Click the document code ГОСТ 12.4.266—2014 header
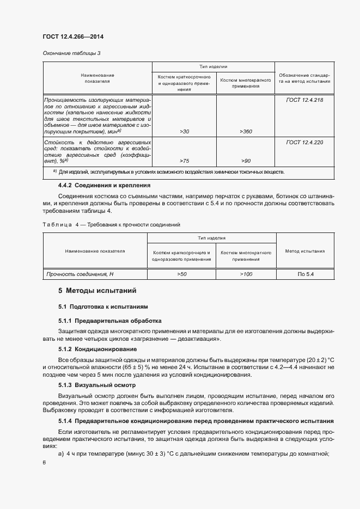72,37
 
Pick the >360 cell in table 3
246,132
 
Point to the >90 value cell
246,161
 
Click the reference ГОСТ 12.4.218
304,100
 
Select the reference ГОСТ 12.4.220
304,142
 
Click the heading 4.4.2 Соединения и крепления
104,186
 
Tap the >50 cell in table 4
182,274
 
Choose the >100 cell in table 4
246,274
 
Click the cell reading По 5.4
306,274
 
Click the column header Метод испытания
305,251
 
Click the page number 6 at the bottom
44,462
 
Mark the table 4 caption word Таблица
57,224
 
